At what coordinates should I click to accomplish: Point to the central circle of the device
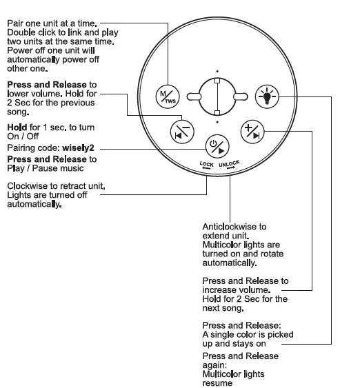coord(216,96)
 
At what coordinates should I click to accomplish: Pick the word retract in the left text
coord(74,186)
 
